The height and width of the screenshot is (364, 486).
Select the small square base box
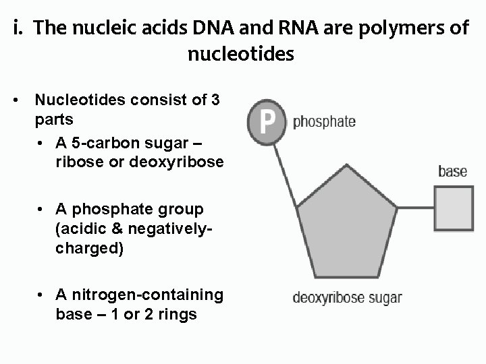click(x=452, y=207)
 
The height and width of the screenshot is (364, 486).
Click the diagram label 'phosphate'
click(x=325, y=122)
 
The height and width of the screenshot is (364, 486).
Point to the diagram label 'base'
click(x=452, y=171)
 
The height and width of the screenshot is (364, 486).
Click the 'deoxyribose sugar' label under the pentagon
click(x=347, y=297)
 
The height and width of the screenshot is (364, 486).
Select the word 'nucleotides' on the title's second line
click(x=241, y=53)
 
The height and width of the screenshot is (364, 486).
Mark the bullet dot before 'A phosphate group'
click(x=41, y=210)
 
